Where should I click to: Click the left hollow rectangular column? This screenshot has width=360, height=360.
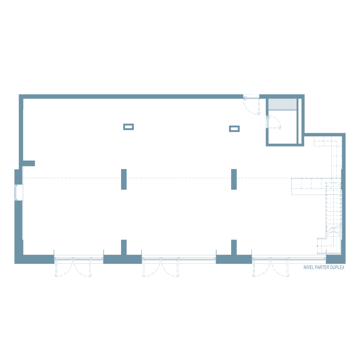tap(129, 127)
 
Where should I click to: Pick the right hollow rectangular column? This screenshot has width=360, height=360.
tap(234, 129)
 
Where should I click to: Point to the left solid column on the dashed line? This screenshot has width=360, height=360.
tap(124, 179)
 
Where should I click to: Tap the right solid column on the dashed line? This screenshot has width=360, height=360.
tap(234, 179)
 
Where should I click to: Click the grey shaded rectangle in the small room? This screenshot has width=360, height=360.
tap(282, 104)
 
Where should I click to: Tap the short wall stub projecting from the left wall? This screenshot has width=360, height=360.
tap(29, 163)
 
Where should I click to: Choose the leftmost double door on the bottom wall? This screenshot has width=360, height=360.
tap(73, 267)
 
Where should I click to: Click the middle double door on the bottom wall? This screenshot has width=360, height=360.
tap(161, 267)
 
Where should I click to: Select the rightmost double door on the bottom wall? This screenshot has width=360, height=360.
tap(271, 267)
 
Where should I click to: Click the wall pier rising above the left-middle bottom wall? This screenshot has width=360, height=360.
tap(124, 247)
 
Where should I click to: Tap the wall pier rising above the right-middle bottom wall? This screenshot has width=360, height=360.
tap(234, 247)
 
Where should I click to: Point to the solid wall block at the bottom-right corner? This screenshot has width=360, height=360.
tap(336, 259)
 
